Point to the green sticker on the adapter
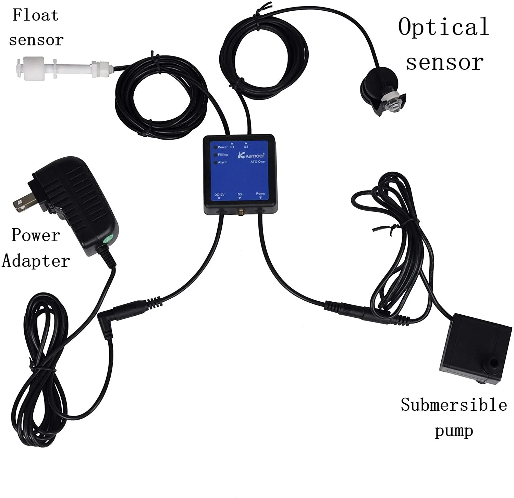pos(109,238)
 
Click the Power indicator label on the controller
pos(222,147)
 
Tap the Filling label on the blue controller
pos(222,155)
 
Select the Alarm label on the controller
pos(222,162)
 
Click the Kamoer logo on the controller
pos(251,155)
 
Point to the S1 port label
pos(232,147)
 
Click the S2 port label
pos(246,147)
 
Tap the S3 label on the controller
pos(240,194)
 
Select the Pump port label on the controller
pos(260,194)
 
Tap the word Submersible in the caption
pos(454,405)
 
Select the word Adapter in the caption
pos(36,261)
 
